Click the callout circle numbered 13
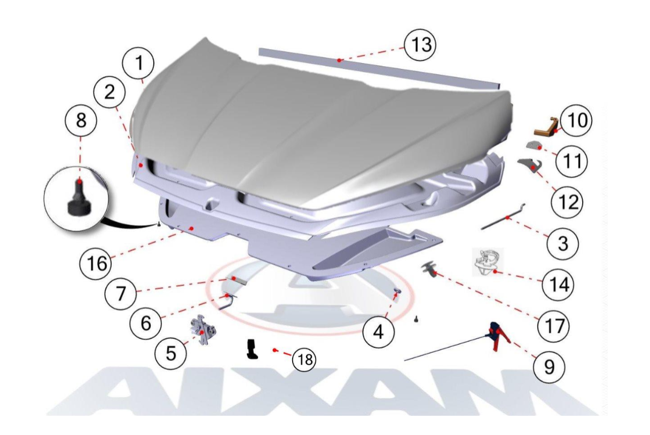(420, 45)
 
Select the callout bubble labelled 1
(138, 64)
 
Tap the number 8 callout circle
(81, 120)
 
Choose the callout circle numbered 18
(304, 360)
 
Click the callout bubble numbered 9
(549, 367)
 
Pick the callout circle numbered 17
(553, 326)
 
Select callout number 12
(567, 202)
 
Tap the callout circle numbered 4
(378, 332)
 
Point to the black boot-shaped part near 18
(252, 349)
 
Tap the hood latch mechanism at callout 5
(203, 329)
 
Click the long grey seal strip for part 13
(379, 68)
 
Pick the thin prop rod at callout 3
(503, 217)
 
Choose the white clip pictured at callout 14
(487, 262)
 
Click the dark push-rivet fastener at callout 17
(427, 270)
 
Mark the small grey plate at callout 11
(535, 145)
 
